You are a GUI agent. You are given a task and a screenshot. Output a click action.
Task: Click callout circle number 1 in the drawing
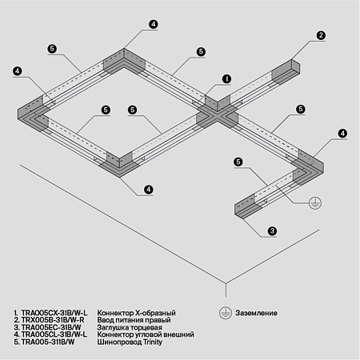(227, 79)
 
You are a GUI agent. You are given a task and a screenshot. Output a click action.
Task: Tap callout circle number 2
(320, 35)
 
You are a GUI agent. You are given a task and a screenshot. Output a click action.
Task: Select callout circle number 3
(273, 231)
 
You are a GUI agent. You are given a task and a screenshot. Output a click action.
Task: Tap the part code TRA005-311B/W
(46, 339)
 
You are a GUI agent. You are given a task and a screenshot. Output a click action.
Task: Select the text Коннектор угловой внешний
(145, 332)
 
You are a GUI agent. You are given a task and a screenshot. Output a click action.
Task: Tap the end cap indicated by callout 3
(242, 209)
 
